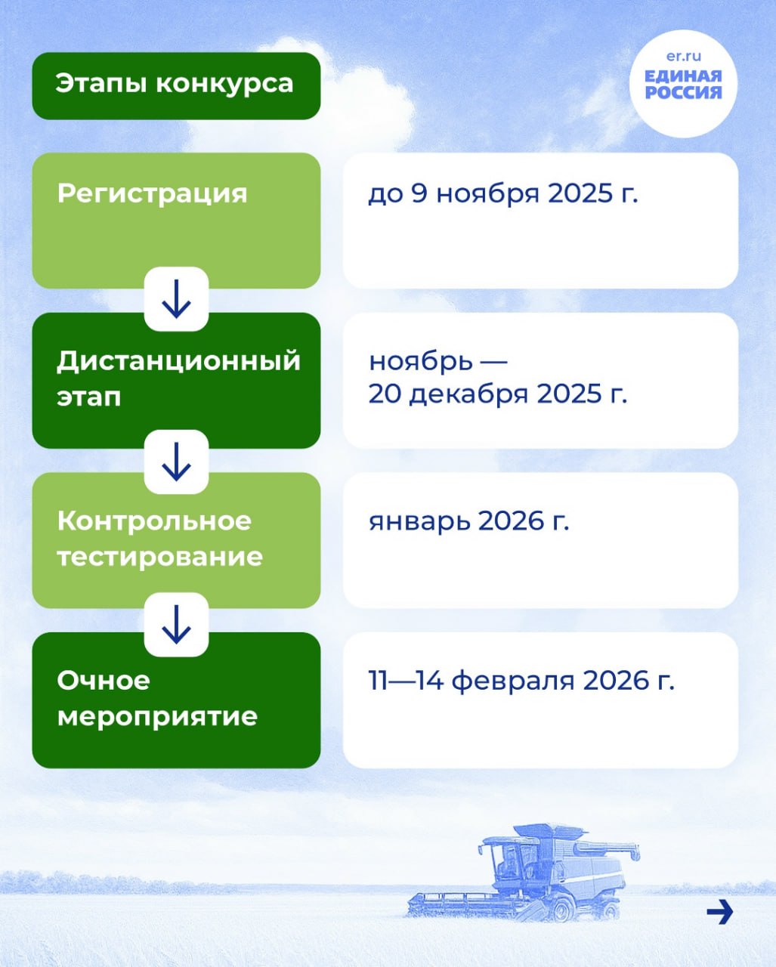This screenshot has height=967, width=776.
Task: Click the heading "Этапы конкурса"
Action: point(174,84)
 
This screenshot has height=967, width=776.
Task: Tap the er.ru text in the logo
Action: point(683,56)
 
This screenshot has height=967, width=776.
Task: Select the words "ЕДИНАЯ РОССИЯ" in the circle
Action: point(683,85)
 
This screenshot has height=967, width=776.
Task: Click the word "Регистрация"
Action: point(152,194)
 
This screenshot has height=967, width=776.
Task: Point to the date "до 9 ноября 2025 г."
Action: point(503,194)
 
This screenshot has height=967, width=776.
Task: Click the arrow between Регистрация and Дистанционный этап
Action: point(176,299)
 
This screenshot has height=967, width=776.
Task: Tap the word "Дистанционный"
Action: point(178,361)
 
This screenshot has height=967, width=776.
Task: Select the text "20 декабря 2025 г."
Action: point(498,394)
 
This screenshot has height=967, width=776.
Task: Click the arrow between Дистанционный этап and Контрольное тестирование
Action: point(176,462)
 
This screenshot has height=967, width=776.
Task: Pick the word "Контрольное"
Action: point(154,521)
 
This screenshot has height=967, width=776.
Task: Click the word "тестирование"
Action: point(159,557)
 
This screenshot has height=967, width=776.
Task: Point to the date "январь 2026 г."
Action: point(469,521)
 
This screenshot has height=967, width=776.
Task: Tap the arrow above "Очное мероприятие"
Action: point(176,625)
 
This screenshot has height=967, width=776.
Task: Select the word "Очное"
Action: point(104,681)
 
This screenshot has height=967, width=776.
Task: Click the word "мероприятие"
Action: point(157,716)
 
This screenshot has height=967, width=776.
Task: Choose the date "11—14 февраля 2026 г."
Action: point(521,681)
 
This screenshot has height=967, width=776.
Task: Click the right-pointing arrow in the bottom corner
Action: point(720,912)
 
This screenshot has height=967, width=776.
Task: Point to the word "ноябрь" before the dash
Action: point(421,362)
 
